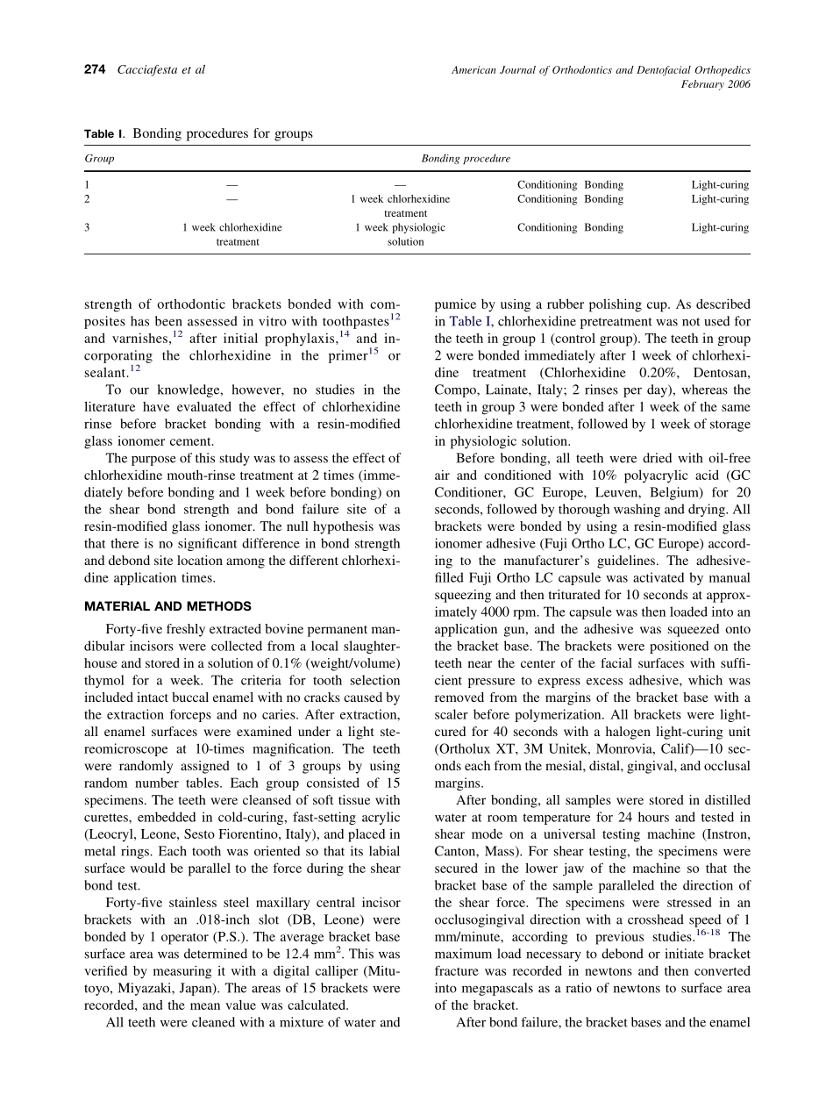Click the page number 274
pos(95,70)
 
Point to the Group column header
pos(99,159)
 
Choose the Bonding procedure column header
pos(466,159)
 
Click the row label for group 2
pos(87,199)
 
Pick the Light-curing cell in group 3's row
pos(720,227)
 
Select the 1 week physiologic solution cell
pos(401,234)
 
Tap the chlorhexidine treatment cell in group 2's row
pos(401,206)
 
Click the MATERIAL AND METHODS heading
pos(167,606)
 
